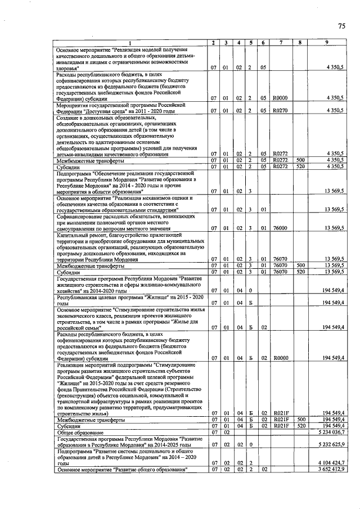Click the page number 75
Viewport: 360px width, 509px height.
(x=341, y=26)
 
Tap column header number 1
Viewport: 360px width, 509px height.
(x=130, y=43)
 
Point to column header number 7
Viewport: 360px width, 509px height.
(x=280, y=43)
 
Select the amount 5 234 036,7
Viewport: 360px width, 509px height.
(x=331, y=432)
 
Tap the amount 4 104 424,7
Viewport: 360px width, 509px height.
(x=331, y=463)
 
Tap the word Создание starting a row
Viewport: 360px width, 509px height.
(x=69, y=118)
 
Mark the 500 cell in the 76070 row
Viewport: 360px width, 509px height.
(x=300, y=265)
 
